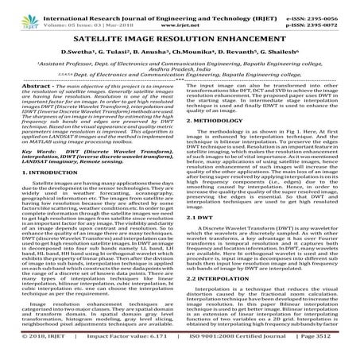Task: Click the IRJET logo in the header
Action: (17, 11)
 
